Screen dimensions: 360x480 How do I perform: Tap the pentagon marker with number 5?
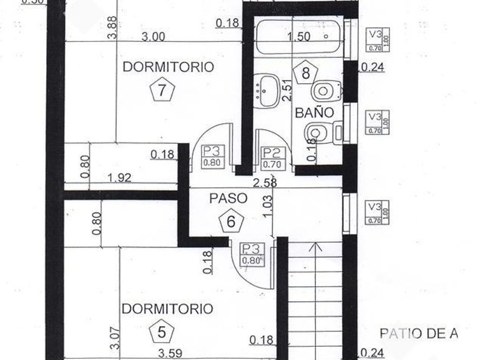point(162,333)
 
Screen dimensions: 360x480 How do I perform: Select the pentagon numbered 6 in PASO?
point(231,221)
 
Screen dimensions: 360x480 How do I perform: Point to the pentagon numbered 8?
point(306,72)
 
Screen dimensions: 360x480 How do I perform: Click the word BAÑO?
point(314,113)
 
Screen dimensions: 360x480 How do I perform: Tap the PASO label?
point(228,198)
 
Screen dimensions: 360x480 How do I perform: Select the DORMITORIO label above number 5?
point(159,309)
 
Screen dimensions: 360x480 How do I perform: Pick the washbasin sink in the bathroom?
point(266,91)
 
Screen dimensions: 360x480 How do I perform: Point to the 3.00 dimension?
point(153,37)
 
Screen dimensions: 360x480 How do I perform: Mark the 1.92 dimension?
point(119,178)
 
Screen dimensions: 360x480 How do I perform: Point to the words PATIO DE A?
point(419,334)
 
